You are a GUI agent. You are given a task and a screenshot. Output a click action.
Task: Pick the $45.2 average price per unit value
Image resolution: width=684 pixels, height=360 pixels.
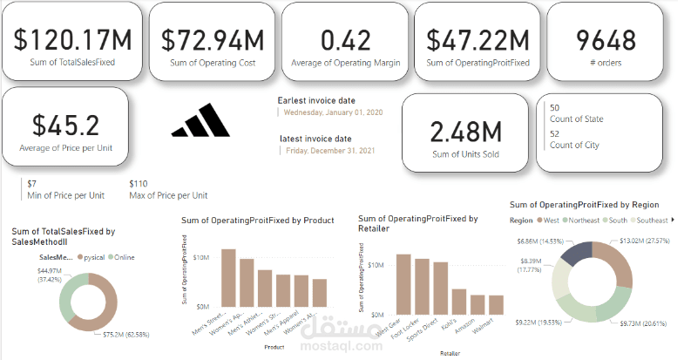tap(65, 124)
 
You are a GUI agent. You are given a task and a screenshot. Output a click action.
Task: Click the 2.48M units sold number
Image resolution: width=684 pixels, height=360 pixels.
tap(466, 132)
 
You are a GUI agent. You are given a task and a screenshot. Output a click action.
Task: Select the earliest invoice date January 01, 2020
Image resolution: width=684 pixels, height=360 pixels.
tap(334, 113)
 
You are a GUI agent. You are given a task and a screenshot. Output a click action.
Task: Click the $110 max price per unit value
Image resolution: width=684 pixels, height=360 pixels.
tap(139, 184)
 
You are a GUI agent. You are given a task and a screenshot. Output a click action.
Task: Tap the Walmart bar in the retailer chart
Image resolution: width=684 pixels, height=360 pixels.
tap(496, 304)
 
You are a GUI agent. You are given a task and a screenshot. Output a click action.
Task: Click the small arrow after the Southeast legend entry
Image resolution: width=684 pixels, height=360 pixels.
tap(674, 221)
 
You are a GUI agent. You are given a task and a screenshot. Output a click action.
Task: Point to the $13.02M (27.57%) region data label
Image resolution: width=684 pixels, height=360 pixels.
tap(645, 240)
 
